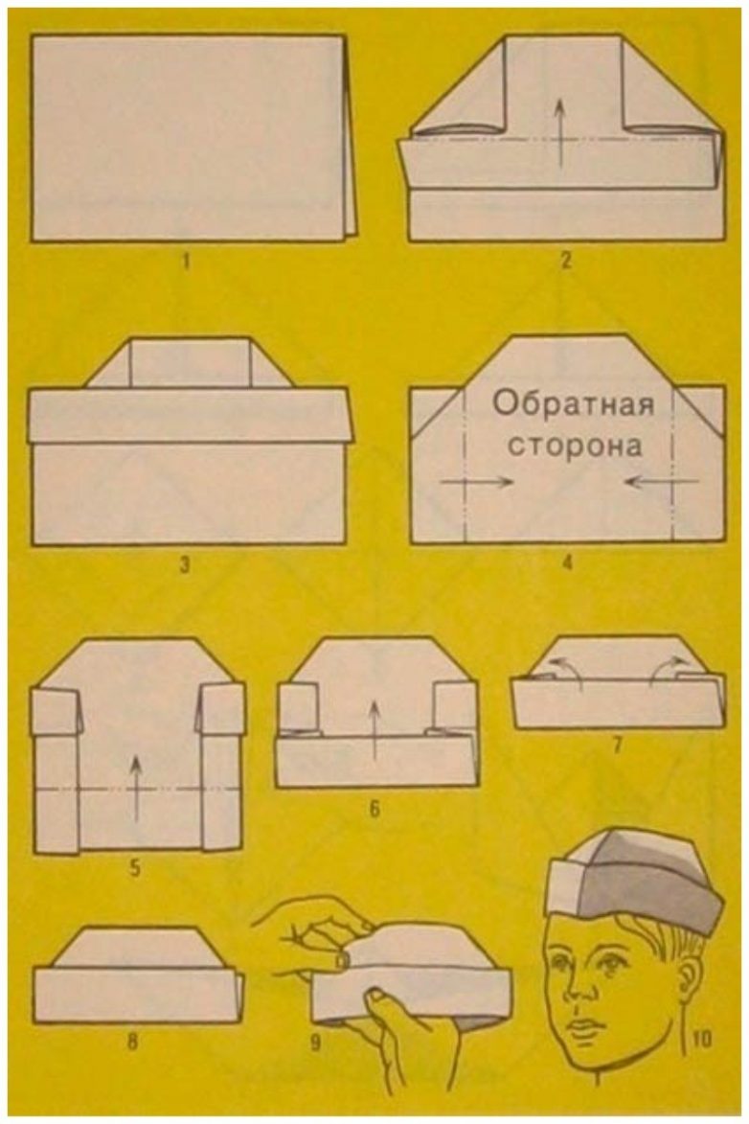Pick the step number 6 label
point(374,810)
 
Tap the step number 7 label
point(618,744)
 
